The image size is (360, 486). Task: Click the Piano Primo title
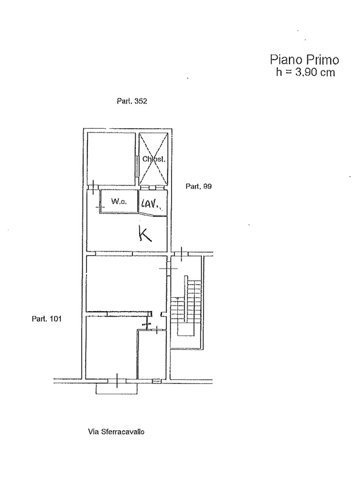pos(305,60)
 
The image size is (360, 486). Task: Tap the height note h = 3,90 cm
pos(305,72)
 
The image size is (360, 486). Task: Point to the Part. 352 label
pos(132,101)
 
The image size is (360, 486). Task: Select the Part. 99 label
pos(199,187)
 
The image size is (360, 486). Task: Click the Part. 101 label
pos(47,318)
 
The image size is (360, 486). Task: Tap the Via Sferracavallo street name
pos(116,431)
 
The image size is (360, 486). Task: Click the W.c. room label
pos(119,202)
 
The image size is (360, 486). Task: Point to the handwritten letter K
pos(145,234)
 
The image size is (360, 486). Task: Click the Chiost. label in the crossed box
pos(154,159)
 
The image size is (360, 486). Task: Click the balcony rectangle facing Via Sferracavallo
pos(117,389)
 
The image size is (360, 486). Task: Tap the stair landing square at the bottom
pos(186,329)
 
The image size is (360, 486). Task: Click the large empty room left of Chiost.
pos(111,159)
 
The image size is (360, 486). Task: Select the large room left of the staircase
pos(126,283)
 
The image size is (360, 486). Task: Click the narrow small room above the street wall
pos(152,355)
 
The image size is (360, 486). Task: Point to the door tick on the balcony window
pos(117,381)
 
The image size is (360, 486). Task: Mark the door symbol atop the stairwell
pos(182,253)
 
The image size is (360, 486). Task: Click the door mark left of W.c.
pos(99,207)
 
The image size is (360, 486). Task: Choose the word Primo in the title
pos(322,60)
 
